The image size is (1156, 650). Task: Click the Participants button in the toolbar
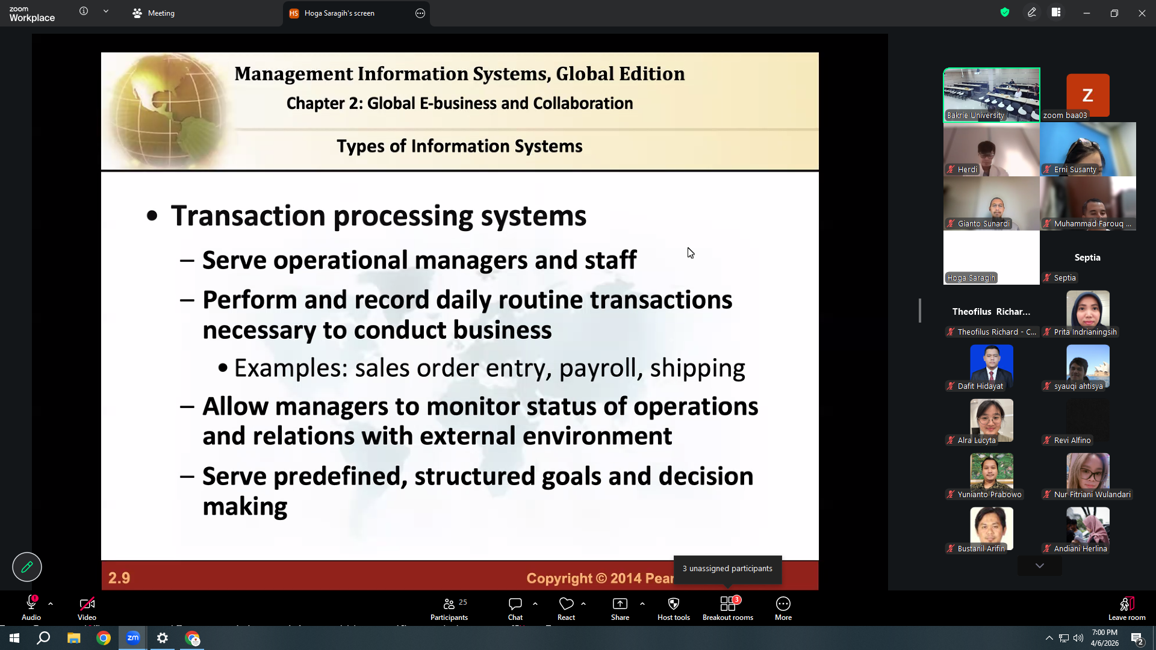(x=449, y=608)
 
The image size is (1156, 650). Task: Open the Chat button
(x=515, y=608)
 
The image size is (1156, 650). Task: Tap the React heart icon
(x=566, y=604)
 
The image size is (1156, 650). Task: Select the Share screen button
(x=620, y=608)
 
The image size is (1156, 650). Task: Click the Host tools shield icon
(x=674, y=604)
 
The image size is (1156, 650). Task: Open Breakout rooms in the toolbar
(x=728, y=608)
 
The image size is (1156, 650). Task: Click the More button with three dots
(x=783, y=608)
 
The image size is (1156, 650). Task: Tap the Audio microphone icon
(x=31, y=603)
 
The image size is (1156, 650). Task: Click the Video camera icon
(x=87, y=604)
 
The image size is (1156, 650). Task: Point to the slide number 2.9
(x=119, y=578)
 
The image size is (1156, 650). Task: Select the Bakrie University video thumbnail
(x=992, y=95)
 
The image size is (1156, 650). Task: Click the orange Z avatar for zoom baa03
(x=1087, y=95)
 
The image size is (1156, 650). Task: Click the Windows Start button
(x=14, y=638)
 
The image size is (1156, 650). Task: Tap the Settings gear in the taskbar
(x=163, y=638)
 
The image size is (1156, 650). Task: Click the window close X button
(x=1142, y=13)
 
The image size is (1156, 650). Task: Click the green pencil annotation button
(x=27, y=567)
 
